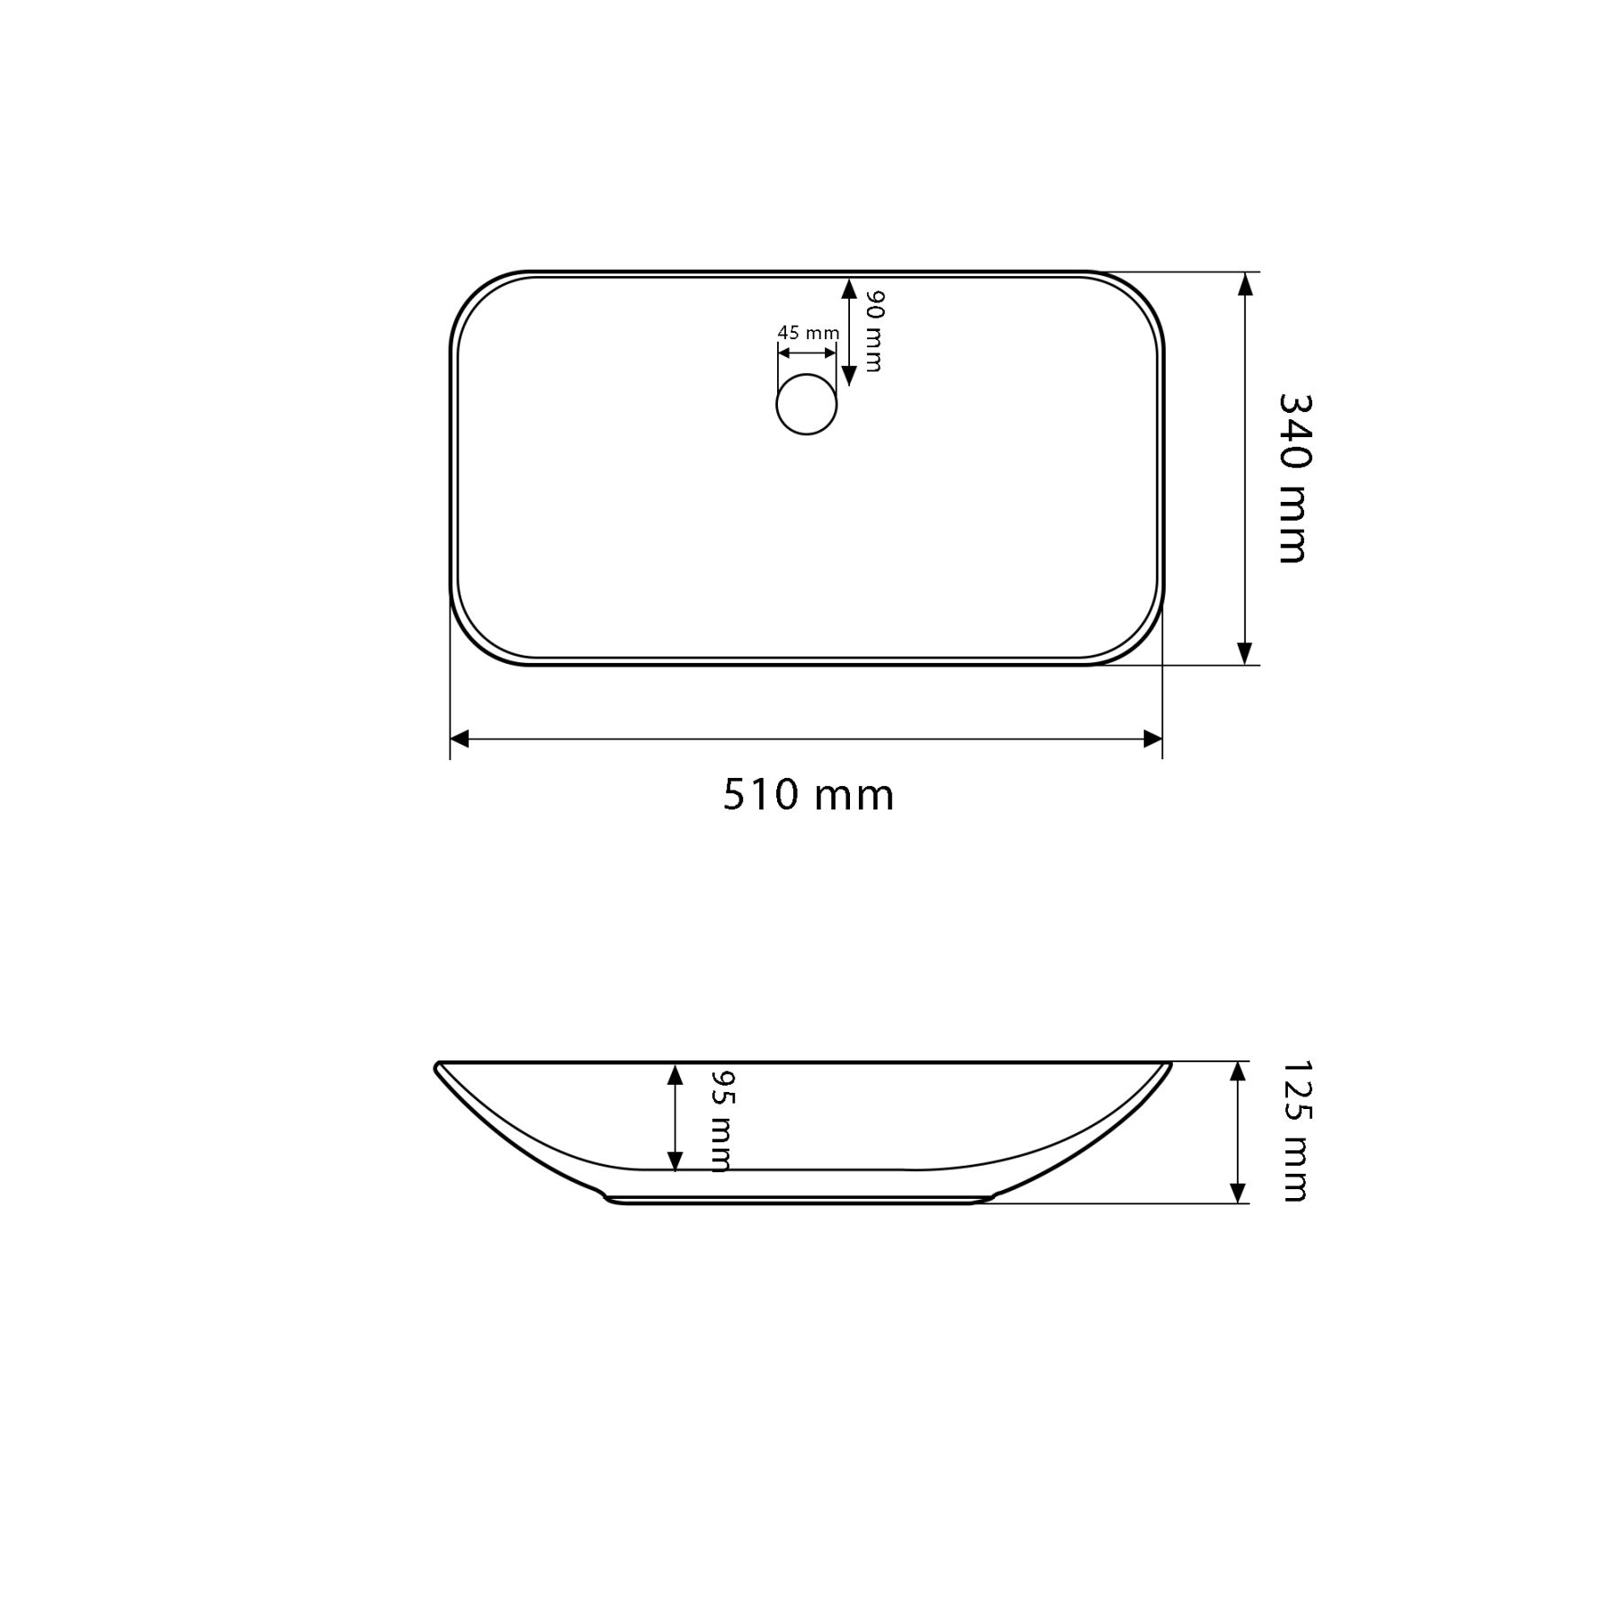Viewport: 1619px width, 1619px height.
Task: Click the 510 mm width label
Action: pos(809,795)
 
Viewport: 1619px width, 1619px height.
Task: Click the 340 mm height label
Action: pos(1293,479)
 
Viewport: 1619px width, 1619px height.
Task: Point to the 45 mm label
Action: pos(809,333)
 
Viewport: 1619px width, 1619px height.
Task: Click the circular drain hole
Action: pos(807,404)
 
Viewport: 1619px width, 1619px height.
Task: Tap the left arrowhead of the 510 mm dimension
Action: pos(460,739)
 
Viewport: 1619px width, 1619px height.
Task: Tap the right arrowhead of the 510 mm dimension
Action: pos(1152,739)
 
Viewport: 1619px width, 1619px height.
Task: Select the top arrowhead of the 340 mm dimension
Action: pos(1245,283)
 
